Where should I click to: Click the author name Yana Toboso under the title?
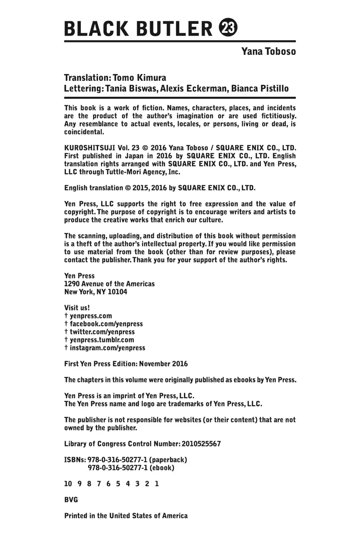pos(268,52)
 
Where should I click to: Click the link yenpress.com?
pos(91,316)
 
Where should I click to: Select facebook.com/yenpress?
pos(106,324)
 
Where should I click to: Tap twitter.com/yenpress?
pos(102,332)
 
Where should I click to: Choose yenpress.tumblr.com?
pos(102,340)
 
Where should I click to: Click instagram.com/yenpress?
pos(107,348)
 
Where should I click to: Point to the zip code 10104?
pos(118,292)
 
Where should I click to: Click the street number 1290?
pos(72,284)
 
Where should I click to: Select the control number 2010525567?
pos(201,444)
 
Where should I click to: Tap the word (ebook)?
pos(161,468)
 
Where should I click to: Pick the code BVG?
pos(71,500)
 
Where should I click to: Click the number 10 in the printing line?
pos(68,484)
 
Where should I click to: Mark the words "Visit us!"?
pos(77,308)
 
